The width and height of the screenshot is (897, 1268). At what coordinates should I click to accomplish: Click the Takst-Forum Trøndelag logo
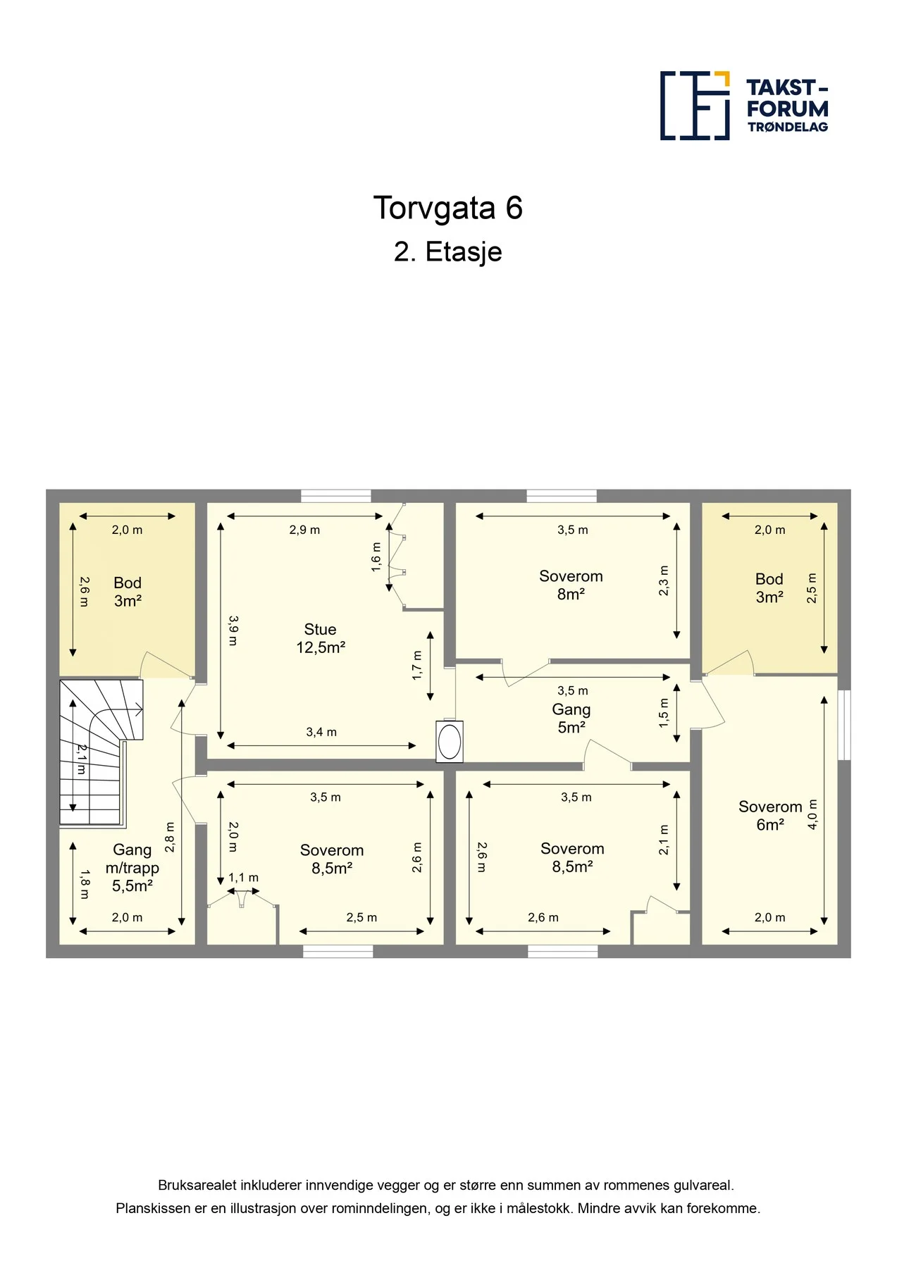click(744, 106)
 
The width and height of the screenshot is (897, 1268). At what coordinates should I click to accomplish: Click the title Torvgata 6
click(448, 208)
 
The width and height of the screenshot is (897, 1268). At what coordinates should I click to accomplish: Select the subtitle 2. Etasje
click(448, 251)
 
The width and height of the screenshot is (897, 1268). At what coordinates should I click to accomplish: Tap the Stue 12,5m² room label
click(321, 638)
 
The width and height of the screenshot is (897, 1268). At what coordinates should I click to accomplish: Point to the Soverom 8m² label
click(571, 585)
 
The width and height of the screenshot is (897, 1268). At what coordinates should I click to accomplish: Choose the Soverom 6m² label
click(770, 816)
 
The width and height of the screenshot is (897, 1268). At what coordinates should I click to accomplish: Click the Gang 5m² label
click(571, 719)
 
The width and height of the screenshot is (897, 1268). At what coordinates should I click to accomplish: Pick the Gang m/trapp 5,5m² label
click(132, 868)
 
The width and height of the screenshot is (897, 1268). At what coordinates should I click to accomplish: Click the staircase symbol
click(101, 752)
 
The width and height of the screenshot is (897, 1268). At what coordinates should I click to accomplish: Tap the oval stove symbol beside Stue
click(450, 742)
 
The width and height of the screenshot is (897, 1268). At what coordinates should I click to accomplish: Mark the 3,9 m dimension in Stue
click(233, 630)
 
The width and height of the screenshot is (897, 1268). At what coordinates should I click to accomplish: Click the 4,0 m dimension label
click(812, 814)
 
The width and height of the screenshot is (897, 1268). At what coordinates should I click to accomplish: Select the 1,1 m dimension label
click(244, 878)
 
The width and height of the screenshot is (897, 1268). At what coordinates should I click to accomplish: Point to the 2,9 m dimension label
click(304, 530)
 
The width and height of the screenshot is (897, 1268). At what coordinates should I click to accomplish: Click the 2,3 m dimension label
click(664, 581)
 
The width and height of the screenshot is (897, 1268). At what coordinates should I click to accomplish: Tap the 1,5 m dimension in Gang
click(664, 714)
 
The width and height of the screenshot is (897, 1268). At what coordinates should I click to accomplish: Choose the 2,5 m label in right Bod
click(812, 588)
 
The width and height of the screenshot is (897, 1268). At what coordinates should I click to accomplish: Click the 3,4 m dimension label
click(321, 733)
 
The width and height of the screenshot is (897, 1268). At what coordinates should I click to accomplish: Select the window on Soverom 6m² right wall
click(844, 725)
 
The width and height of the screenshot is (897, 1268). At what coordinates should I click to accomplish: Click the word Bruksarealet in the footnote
click(197, 1186)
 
